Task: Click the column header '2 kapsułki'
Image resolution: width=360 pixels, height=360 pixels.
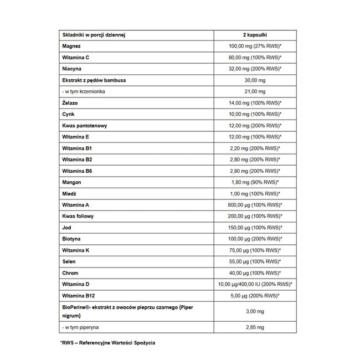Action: click(255, 34)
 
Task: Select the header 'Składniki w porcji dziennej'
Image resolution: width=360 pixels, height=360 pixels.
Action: click(94, 34)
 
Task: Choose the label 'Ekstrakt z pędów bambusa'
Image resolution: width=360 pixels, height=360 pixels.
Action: click(94, 80)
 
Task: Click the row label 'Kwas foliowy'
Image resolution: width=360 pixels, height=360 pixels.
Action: click(79, 216)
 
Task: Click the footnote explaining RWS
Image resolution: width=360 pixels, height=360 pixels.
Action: click(108, 343)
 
